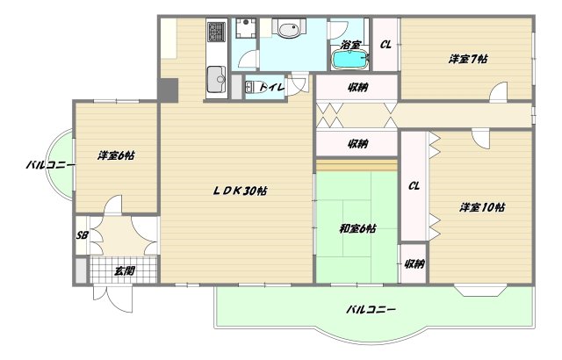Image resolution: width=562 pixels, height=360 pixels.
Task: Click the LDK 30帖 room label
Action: pos(240,191)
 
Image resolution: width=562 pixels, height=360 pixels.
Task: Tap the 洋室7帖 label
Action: pos(468,59)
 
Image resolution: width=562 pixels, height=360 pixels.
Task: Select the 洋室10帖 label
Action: pos(482,207)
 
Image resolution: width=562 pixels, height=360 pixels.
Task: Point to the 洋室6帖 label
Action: pos(116,155)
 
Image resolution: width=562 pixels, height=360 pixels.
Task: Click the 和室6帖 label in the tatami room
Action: pos(357,228)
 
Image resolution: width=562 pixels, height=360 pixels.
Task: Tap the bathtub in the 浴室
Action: pos(350,60)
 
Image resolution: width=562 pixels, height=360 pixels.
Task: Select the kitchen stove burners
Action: pos(216,32)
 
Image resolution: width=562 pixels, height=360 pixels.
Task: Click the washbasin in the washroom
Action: pos(289,29)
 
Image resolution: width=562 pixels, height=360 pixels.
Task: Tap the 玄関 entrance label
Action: pos(125,270)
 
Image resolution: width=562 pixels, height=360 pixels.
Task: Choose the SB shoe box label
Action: pos(82,235)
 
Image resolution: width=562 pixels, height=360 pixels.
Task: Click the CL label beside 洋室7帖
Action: pos(385,45)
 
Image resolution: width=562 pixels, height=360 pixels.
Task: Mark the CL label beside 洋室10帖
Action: pos(414,186)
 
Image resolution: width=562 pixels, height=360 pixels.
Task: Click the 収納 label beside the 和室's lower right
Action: pos(414,264)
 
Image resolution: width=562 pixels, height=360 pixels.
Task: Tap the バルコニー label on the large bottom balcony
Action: pos(371,309)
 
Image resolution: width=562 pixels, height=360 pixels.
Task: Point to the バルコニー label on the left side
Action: pos(51,165)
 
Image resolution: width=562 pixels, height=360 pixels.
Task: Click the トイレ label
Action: pos(271,87)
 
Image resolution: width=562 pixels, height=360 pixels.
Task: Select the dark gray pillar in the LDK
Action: pos(168,90)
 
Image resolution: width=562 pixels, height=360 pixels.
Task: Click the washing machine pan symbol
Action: pos(246,28)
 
